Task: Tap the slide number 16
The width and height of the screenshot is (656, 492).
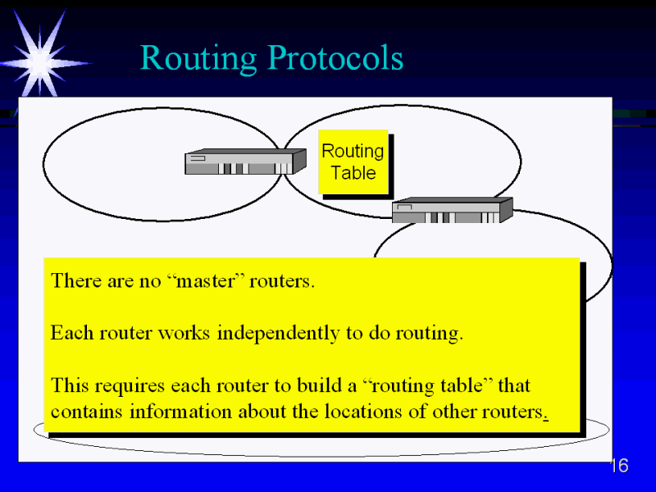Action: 619,467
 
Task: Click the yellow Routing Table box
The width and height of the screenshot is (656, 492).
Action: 353,162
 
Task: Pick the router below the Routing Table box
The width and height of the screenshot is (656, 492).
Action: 451,211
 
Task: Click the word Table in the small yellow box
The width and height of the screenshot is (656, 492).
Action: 353,173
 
